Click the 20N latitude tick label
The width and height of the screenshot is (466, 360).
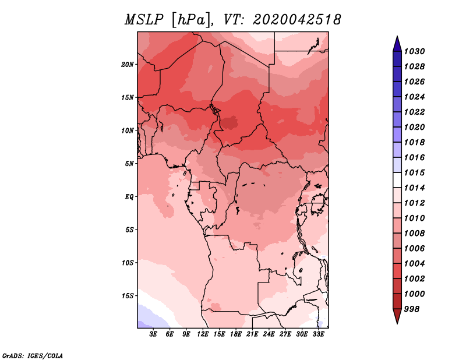(x=128, y=65)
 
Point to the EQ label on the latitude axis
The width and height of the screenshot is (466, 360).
(x=129, y=197)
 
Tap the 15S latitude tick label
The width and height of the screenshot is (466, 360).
(x=128, y=296)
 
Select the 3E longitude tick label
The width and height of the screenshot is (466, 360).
(x=153, y=334)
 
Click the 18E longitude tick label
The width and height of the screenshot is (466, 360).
(x=236, y=334)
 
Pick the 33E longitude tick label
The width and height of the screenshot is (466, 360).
(x=318, y=334)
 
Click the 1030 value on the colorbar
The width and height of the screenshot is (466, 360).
(x=414, y=51)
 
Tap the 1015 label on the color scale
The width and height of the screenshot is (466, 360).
(x=414, y=172)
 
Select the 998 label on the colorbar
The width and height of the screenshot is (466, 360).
(x=412, y=309)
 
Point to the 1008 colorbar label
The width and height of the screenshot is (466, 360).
(x=414, y=234)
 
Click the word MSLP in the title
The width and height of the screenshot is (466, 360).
(x=144, y=20)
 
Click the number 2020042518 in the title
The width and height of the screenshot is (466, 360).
(x=296, y=20)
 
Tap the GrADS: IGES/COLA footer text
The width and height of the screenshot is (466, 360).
(x=33, y=356)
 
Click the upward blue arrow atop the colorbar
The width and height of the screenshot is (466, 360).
(x=397, y=44)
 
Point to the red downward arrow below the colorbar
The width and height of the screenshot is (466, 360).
(x=397, y=316)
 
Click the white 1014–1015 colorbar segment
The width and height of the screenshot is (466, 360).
(x=397, y=180)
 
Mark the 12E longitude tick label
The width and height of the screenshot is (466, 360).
(x=203, y=334)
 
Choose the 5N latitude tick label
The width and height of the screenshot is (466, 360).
(x=129, y=164)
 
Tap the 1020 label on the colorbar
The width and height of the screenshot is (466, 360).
(x=414, y=127)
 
